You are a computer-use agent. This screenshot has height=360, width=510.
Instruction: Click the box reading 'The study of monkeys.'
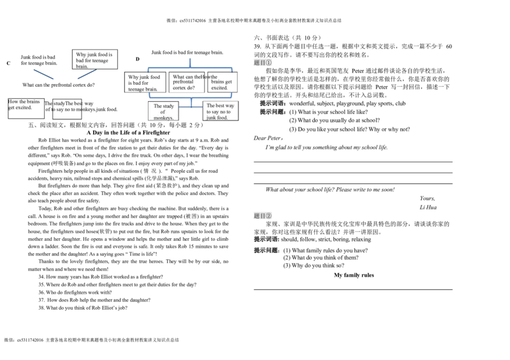click(163, 112)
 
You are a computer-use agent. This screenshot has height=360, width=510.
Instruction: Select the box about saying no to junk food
click(221, 111)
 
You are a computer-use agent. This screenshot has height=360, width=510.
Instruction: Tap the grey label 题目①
click(263, 62)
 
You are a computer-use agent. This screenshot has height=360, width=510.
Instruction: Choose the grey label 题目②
click(263, 215)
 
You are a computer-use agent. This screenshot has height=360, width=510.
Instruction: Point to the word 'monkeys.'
click(163, 118)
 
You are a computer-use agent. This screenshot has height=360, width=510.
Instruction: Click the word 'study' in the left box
click(168, 106)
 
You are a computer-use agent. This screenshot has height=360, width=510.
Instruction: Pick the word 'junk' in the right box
click(211, 117)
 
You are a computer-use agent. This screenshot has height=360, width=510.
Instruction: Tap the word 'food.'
click(222, 117)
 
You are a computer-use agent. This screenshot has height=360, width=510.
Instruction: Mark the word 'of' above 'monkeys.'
click(163, 112)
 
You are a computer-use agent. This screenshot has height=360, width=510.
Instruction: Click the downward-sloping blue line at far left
click(43, 74)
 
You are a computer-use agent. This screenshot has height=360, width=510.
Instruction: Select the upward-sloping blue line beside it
click(87, 74)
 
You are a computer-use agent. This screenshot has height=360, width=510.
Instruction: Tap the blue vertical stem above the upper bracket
click(191, 61)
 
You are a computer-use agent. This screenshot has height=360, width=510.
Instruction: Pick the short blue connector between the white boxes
click(191, 108)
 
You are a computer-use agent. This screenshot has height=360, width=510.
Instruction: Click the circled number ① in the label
click(268, 62)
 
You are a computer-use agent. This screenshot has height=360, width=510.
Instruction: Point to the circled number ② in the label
click(268, 215)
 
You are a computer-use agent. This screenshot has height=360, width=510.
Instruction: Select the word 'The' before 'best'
click(210, 105)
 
